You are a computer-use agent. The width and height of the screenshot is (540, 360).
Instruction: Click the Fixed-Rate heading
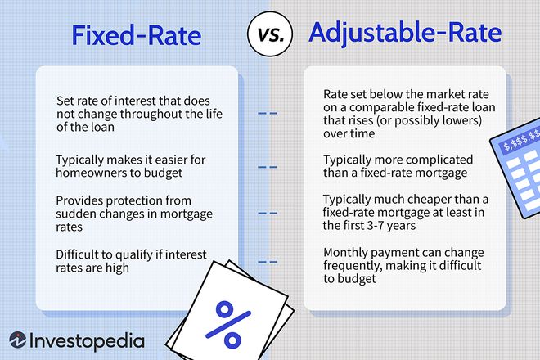[x=137, y=35]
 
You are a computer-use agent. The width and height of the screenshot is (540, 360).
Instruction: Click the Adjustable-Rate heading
[x=405, y=33]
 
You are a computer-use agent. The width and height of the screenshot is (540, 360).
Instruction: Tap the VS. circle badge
[x=270, y=34]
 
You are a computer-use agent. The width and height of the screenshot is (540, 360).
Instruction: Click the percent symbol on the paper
[x=228, y=324]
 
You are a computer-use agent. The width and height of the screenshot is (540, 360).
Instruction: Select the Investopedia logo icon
[x=17, y=340]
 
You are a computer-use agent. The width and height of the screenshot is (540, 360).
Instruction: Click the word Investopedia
[x=87, y=341]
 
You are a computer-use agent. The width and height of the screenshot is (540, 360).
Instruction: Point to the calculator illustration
[x=515, y=168]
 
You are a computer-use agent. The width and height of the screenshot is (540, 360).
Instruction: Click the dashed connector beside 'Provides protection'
[x=268, y=214]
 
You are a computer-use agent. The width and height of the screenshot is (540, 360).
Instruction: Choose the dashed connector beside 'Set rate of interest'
[x=268, y=113]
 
